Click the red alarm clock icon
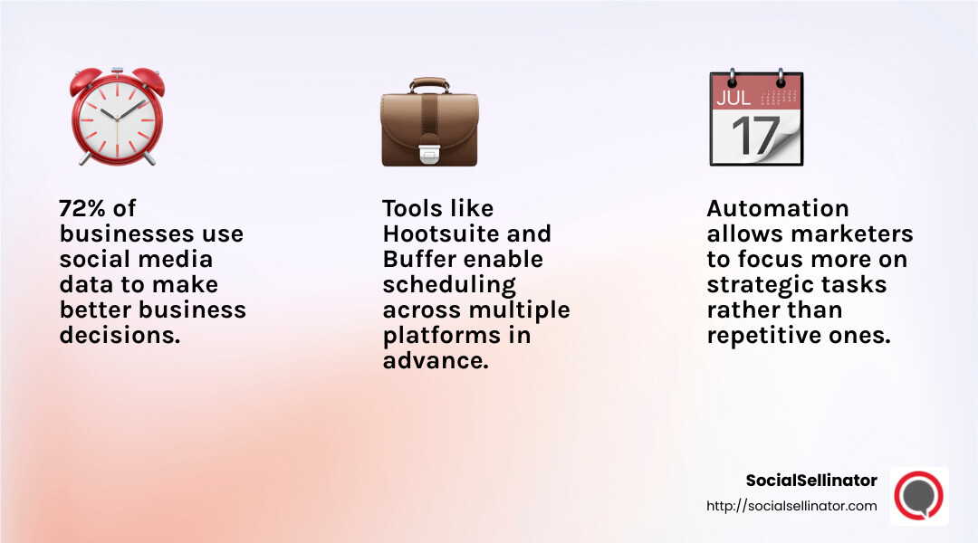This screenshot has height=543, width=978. [x=117, y=117]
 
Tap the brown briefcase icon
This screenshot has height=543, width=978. [x=430, y=121]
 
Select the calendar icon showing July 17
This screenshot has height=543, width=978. [x=756, y=118]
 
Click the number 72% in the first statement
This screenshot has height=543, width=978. [x=82, y=208]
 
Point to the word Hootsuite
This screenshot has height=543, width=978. [x=439, y=233]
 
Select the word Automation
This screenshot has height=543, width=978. [x=778, y=208]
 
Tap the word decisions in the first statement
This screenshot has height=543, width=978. [x=120, y=336]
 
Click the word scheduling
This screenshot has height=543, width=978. [x=449, y=285]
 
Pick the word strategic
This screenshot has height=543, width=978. [x=751, y=285]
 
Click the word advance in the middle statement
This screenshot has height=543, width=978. [x=436, y=361]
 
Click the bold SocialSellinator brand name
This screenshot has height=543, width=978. [x=811, y=480]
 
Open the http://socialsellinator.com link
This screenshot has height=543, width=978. [x=791, y=506]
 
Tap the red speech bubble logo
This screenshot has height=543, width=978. [x=919, y=496]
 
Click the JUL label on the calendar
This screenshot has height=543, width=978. [x=733, y=98]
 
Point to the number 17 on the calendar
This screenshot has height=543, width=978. [x=755, y=135]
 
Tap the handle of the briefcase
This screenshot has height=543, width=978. [x=429, y=83]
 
